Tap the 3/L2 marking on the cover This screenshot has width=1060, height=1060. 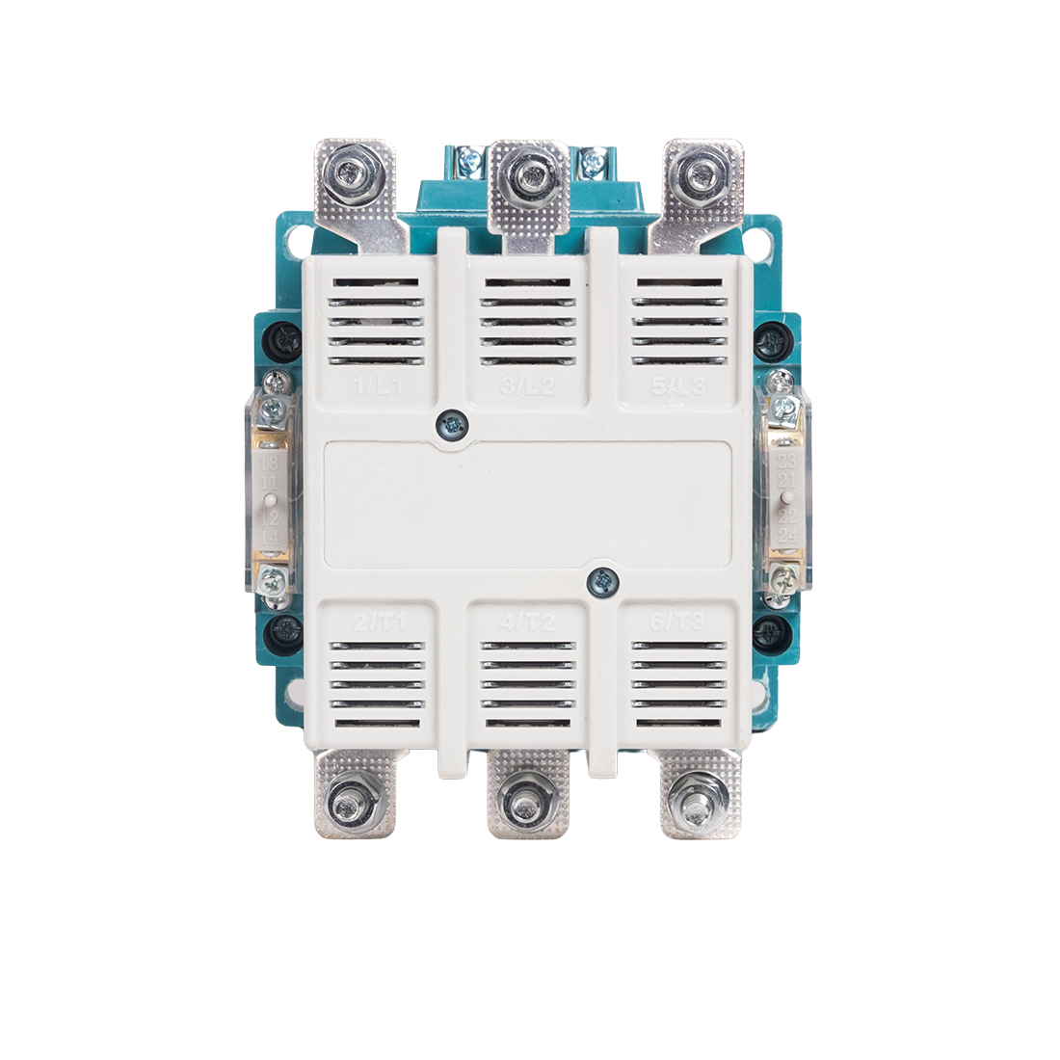coord(528,387)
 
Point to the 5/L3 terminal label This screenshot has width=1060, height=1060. coord(678,387)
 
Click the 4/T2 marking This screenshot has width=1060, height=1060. coord(528,623)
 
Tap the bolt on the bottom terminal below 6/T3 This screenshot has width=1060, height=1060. coord(694,802)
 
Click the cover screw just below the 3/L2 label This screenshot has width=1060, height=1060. coord(450,423)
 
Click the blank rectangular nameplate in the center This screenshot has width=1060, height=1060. coord(528,503)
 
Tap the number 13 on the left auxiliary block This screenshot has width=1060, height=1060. coord(272,464)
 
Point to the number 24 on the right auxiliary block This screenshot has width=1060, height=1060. coord(787,535)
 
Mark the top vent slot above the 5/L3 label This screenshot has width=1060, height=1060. coord(678,283)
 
